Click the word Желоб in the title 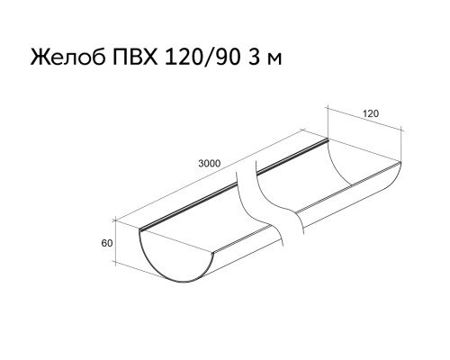coord(67,57)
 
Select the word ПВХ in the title coord(135,57)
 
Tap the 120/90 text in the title coord(202,57)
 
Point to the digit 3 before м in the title coord(254,57)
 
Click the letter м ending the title coord(274,58)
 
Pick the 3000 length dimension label coord(209,164)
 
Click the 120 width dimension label coord(371,113)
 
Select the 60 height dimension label coord(107,243)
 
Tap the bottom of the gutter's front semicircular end coord(182,282)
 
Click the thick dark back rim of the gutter coord(234,184)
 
